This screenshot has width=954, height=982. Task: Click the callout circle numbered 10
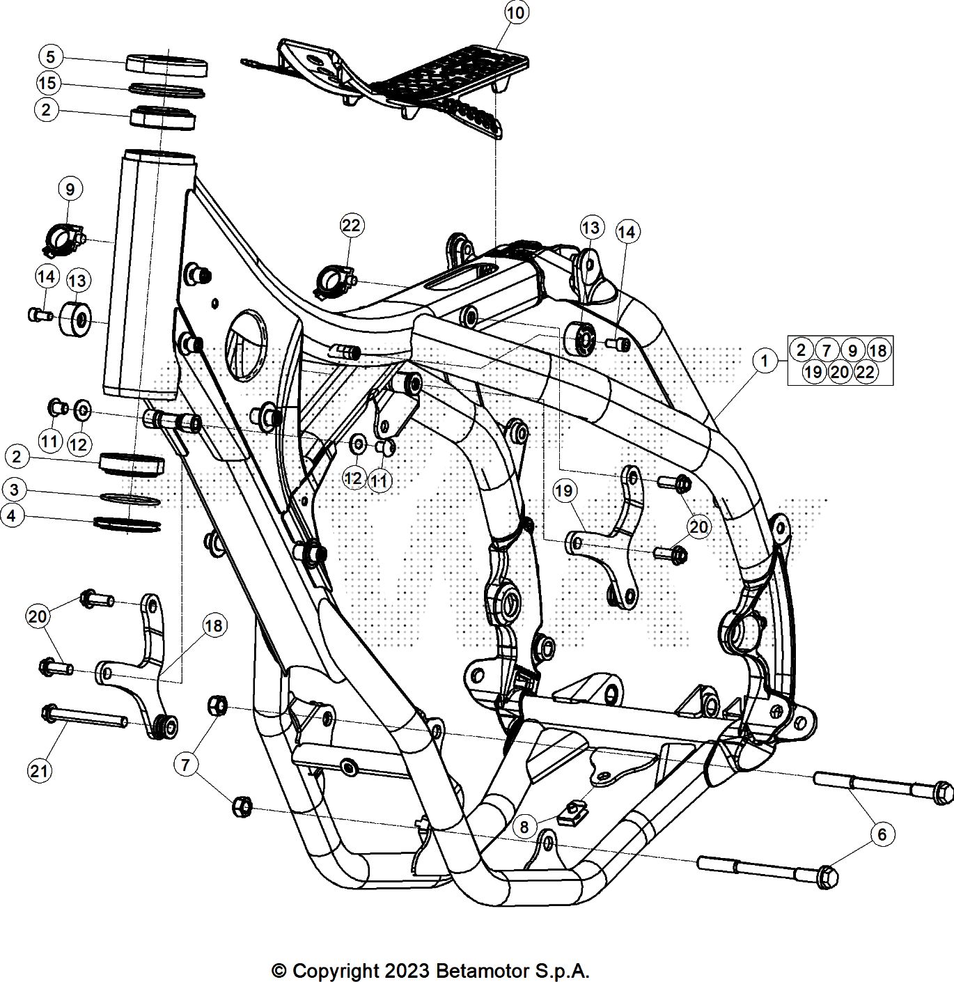tap(517, 13)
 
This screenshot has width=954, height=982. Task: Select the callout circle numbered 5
tap(51, 56)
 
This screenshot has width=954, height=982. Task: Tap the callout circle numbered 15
tap(47, 84)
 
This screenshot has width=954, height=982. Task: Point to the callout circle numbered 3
tap(15, 490)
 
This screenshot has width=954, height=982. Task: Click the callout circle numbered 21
tap(40, 770)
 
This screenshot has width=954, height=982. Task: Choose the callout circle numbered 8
tap(525, 827)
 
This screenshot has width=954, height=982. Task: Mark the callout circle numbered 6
tap(882, 834)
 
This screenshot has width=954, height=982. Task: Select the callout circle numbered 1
tap(765, 361)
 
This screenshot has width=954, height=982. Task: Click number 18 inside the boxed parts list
tap(878, 350)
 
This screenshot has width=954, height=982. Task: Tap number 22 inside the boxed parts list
tap(865, 372)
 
